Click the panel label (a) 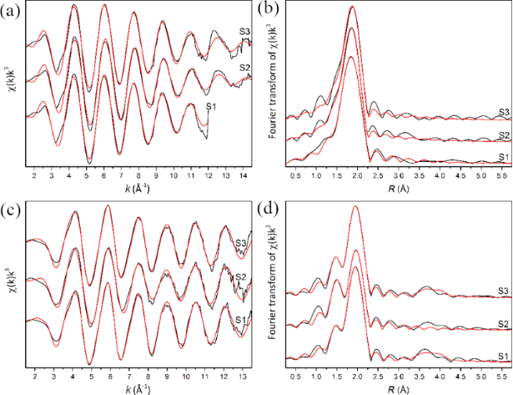point(10,10)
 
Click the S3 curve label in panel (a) point(244,32)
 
